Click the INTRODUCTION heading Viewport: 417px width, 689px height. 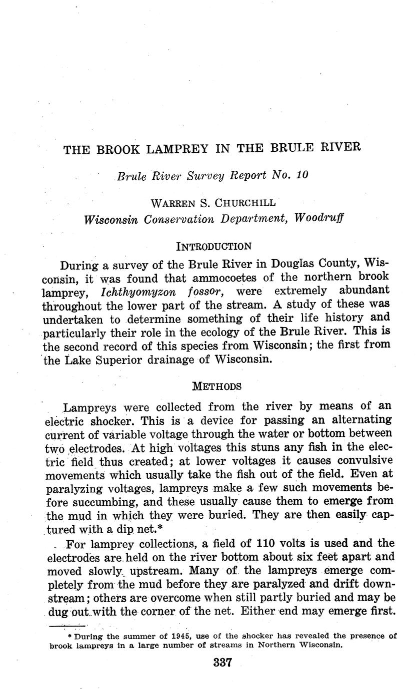(213, 246)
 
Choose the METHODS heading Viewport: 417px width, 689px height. (217, 386)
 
